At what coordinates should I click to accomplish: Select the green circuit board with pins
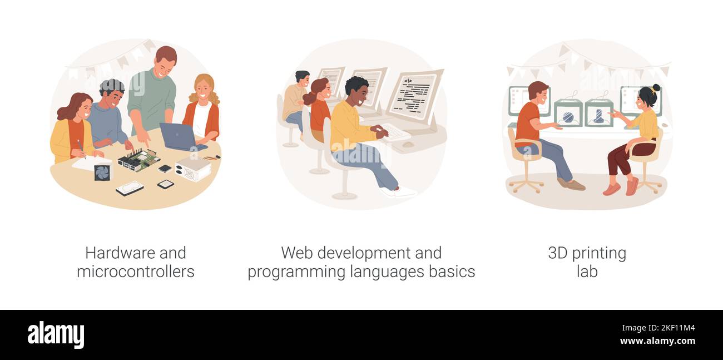[x=139, y=159]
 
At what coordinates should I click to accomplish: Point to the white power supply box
[x=193, y=168]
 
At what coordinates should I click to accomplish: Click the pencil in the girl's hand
[x=81, y=149]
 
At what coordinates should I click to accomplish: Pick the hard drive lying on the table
[x=130, y=188]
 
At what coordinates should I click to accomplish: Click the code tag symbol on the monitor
[x=408, y=81]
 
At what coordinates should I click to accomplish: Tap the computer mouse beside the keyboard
[x=408, y=144]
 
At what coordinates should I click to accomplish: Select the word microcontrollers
[x=136, y=271]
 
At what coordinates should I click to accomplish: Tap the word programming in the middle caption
[x=296, y=272]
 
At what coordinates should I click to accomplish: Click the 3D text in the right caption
[x=558, y=253]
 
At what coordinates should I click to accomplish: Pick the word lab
[x=587, y=271]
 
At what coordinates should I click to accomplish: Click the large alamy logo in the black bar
[x=56, y=335]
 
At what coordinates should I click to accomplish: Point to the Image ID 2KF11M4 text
[x=658, y=328]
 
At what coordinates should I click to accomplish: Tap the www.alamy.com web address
[x=657, y=341]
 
